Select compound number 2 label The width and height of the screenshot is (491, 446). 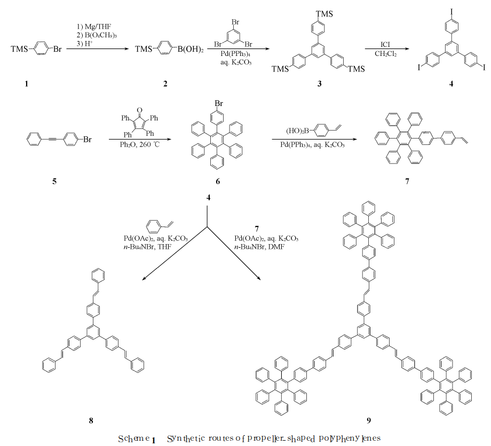[165, 84]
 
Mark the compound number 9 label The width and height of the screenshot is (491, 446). [368, 420]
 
